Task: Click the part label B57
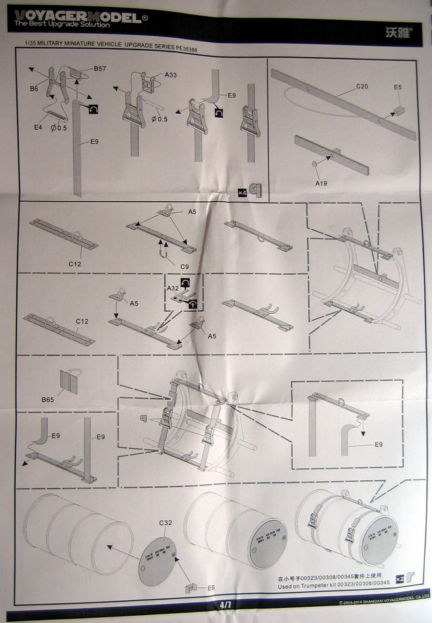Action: click(x=100, y=68)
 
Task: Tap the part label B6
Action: click(x=34, y=89)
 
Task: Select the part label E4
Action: click(x=38, y=127)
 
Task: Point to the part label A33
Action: click(x=170, y=76)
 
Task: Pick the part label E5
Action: click(x=398, y=87)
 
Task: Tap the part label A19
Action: click(x=321, y=184)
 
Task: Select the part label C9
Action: click(x=185, y=266)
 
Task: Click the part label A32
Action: click(x=172, y=288)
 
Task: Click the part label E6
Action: click(x=211, y=587)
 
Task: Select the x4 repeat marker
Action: click(x=241, y=192)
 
